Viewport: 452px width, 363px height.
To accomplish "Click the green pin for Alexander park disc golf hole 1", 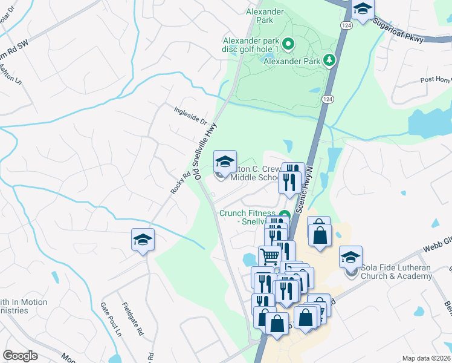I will (289, 44).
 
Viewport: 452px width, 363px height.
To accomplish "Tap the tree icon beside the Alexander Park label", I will (329, 59).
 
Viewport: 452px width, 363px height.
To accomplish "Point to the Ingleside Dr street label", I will (190, 113).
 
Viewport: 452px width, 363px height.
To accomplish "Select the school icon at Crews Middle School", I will (225, 162).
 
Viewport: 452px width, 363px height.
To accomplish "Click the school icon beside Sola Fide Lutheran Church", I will (350, 257).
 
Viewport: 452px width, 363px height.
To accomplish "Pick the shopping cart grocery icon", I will (270, 257).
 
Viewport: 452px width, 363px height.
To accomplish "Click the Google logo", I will (20, 356).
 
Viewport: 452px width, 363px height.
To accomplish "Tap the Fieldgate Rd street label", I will (132, 319).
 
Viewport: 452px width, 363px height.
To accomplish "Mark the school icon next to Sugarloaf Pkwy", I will (363, 10).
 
